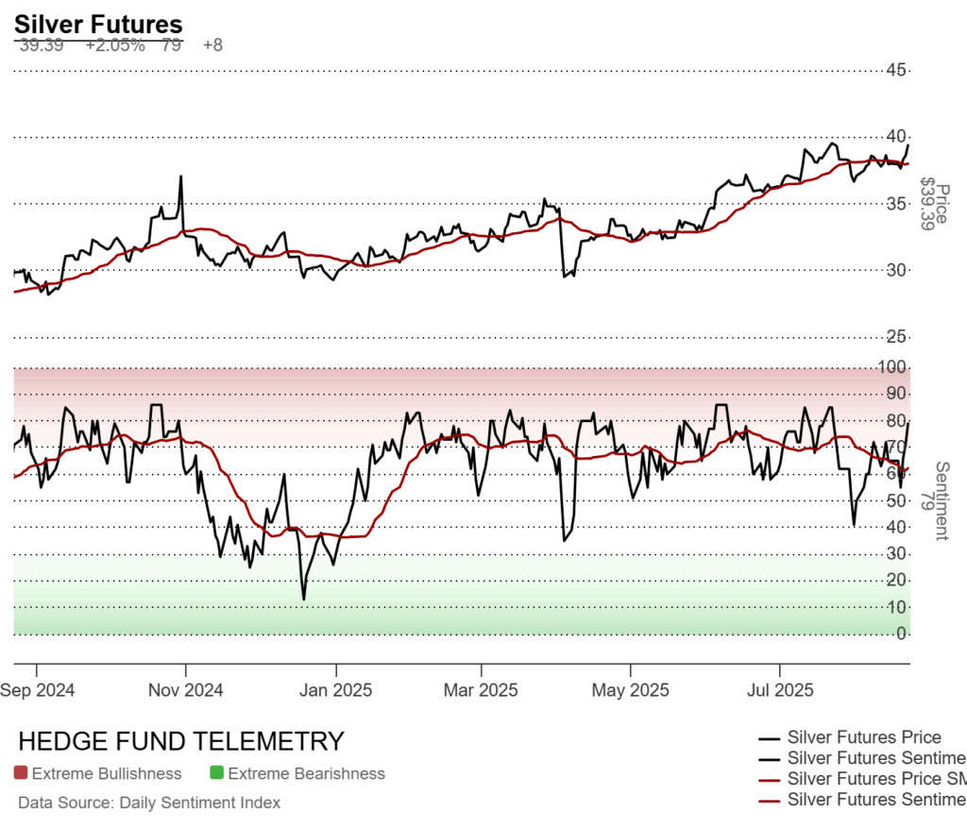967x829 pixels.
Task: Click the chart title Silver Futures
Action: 98,25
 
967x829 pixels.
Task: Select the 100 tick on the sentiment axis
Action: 895,366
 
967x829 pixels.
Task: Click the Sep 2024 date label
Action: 39,690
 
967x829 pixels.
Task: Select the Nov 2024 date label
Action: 185,690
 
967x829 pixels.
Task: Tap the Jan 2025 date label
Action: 334,690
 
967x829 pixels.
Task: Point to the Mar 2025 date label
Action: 480,690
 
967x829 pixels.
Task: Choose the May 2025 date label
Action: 630,690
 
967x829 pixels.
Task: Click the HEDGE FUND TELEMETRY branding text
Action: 181,741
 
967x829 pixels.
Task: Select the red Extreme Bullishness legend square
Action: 21,773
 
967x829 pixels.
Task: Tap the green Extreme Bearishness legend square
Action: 216,773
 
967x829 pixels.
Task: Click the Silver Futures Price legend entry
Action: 863,737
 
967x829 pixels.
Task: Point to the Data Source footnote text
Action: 149,803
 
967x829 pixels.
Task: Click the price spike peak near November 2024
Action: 179,177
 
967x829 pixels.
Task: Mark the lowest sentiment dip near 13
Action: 303,599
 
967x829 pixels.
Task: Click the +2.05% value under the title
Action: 114,45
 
